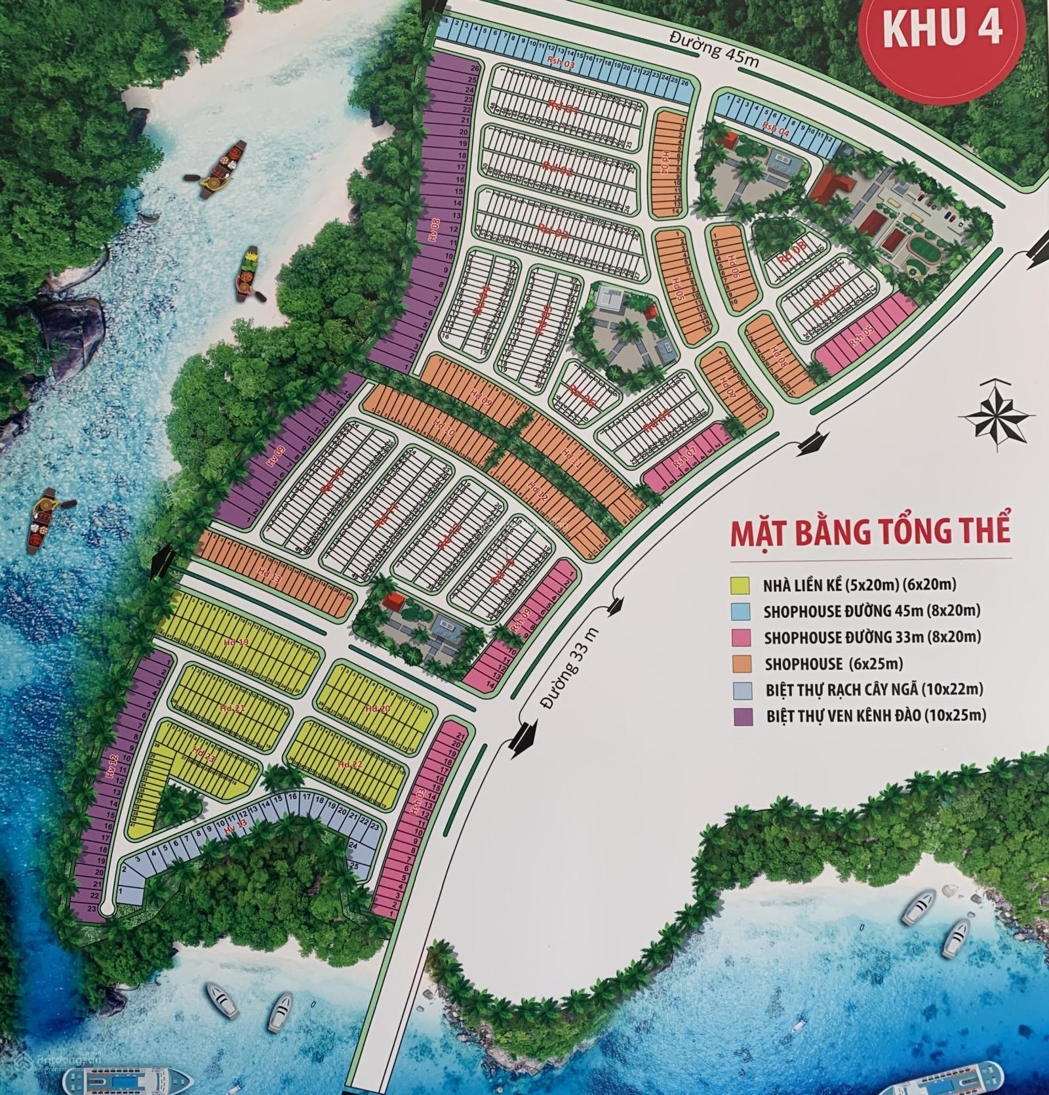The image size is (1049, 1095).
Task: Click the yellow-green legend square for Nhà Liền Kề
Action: (x=740, y=584)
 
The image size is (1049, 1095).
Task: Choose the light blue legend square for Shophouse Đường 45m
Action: (x=740, y=610)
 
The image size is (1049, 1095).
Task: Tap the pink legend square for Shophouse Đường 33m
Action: (x=740, y=636)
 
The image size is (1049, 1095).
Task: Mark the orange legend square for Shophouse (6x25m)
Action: (x=740, y=663)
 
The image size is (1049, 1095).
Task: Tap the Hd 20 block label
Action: (x=377, y=708)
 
